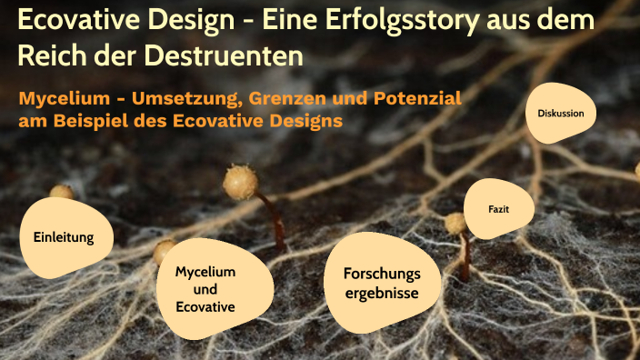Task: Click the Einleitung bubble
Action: point(65,237)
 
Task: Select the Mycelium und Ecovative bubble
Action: point(205,289)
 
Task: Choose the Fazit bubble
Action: point(498,208)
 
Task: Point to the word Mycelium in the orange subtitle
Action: point(60,98)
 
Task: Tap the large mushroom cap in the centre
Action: point(240,183)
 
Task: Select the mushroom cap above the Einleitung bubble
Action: point(62,192)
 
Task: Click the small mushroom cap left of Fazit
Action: point(455,223)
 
